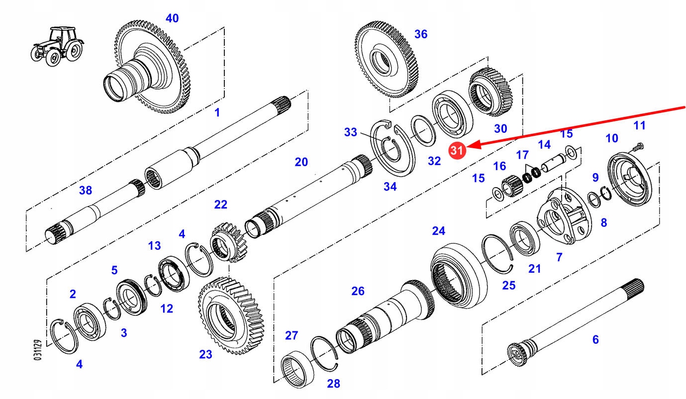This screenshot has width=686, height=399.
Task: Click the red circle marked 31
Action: click(457, 151)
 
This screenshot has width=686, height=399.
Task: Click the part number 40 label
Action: click(172, 18)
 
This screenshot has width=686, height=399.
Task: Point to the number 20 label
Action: click(301, 162)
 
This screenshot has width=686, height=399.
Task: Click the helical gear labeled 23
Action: click(232, 315)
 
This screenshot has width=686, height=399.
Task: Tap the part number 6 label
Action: click(595, 340)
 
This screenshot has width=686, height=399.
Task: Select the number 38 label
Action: click(86, 190)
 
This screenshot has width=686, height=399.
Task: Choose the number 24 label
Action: click(438, 231)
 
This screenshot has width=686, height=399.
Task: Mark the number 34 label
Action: click(390, 186)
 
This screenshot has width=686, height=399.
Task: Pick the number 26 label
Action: click(358, 291)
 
